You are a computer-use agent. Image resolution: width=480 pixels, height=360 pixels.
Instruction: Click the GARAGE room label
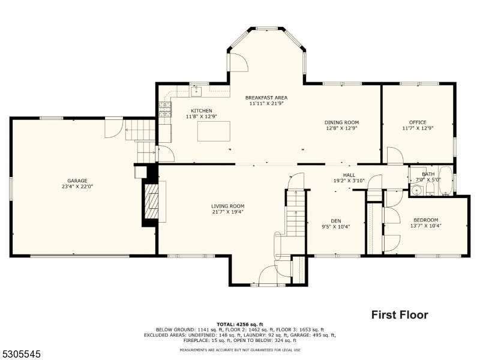click(77, 181)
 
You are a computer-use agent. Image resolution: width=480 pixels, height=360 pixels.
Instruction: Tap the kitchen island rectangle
click(214, 131)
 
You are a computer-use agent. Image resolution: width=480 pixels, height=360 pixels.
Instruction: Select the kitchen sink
click(196, 91)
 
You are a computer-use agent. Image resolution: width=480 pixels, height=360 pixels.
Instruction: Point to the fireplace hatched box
click(151, 202)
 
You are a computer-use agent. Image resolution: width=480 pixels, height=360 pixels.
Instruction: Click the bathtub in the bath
click(445, 181)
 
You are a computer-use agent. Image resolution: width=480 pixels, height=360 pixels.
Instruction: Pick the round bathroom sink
click(416, 190)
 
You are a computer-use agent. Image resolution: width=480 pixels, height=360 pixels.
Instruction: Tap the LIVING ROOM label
click(228, 206)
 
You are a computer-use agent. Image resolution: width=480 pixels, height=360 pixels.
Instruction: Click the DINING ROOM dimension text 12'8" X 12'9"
click(341, 128)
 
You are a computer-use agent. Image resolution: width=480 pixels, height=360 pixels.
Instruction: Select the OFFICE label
click(418, 122)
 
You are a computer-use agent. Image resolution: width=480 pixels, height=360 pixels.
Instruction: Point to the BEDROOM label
click(426, 220)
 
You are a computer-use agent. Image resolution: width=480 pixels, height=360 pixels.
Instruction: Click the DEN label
click(336, 221)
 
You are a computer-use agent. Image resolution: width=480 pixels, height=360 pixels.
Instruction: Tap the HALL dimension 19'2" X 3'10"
click(349, 181)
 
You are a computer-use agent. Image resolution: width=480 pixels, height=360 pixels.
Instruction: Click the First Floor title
click(400, 314)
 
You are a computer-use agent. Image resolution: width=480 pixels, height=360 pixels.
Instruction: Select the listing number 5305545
click(20, 354)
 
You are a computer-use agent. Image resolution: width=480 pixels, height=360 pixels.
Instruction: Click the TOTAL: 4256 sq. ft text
click(240, 324)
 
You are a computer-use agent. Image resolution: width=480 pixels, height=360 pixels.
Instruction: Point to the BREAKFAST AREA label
click(266, 98)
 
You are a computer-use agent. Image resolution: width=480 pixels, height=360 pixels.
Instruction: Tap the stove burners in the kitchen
click(164, 110)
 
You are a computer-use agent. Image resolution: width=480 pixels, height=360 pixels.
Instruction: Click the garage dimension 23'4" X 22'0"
click(77, 187)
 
